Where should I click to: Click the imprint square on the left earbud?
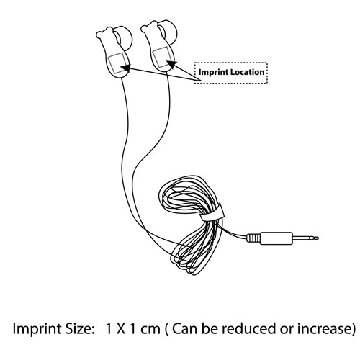(117, 63)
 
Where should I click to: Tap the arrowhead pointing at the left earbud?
(125, 68)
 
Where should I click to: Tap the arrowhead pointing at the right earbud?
(171, 64)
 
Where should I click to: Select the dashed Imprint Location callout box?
(231, 73)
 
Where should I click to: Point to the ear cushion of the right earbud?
(168, 32)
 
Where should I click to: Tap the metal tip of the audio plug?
(305, 238)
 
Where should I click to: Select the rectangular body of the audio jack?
(276, 238)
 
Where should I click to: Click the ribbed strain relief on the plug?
(253, 238)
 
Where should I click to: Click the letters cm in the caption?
(150, 329)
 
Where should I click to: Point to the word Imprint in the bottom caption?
(37, 329)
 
